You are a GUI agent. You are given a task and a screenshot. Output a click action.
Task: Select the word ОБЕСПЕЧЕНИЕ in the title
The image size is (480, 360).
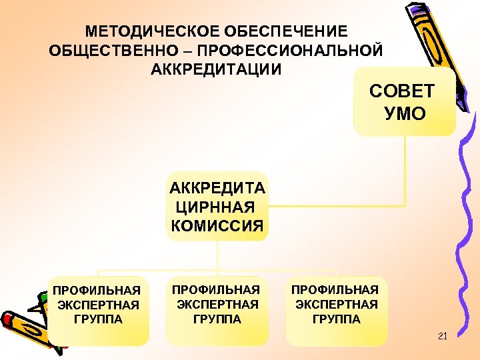click(286, 31)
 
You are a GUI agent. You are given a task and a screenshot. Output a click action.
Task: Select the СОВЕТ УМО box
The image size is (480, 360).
click(405, 101)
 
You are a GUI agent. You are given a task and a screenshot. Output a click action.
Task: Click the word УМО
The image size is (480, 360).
click(405, 113)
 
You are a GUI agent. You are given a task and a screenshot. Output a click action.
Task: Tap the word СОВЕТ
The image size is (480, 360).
click(402, 91)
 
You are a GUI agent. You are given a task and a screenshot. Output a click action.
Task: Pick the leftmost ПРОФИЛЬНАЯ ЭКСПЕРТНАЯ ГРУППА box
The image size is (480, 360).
click(99, 311)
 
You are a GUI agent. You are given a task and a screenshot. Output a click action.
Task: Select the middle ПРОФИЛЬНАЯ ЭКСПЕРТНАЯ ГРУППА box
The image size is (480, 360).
click(217, 311)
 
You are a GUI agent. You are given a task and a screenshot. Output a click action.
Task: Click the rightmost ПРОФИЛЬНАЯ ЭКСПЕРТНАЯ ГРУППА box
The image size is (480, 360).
click(336, 311)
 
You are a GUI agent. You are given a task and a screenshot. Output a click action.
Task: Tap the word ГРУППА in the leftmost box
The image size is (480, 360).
click(98, 319)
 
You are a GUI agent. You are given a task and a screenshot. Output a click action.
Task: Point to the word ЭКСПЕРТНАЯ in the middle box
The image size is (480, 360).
click(217, 305)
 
